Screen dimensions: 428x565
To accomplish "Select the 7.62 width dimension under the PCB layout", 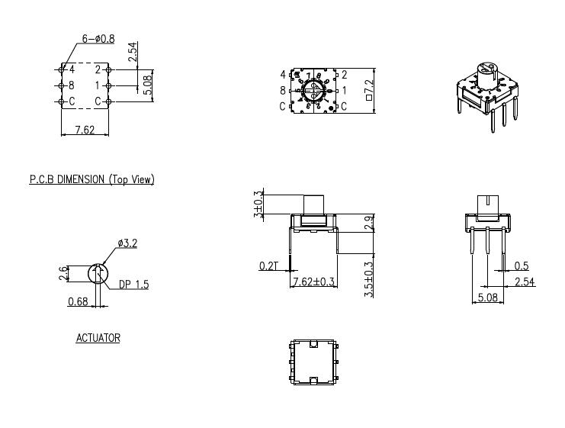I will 83,130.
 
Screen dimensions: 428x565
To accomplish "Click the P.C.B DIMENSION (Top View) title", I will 91,179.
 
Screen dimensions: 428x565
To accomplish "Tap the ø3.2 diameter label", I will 127,243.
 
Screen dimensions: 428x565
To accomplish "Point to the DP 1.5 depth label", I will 133,285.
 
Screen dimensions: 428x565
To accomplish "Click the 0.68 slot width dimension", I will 78,301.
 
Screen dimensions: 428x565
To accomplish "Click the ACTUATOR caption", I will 98,337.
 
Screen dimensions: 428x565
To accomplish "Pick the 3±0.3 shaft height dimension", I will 257,203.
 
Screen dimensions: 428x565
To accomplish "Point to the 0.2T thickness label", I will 268,265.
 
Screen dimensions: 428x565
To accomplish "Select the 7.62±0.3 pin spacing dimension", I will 314,282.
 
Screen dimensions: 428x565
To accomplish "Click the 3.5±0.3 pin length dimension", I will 369,279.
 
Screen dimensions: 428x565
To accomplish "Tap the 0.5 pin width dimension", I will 522,265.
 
